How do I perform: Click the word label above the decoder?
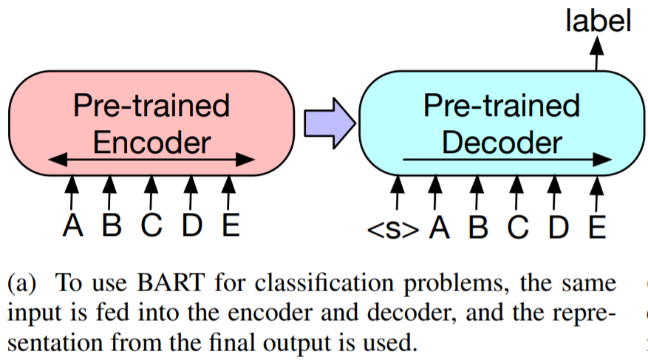(x=598, y=21)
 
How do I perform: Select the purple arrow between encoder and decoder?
(x=330, y=123)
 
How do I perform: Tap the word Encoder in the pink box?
(x=151, y=143)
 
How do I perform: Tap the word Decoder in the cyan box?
(x=502, y=143)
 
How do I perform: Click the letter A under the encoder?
(x=72, y=225)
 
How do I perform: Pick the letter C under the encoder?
(x=151, y=225)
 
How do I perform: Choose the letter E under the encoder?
(x=231, y=225)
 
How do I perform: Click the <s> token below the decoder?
(x=392, y=229)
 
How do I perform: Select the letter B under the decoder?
(x=478, y=228)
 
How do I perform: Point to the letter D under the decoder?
(x=559, y=228)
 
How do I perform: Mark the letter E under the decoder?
(x=597, y=228)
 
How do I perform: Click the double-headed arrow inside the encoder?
(x=151, y=159)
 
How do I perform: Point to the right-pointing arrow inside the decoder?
(x=507, y=159)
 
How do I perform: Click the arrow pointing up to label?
(x=596, y=54)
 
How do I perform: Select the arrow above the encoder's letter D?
(x=191, y=192)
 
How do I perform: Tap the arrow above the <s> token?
(x=397, y=192)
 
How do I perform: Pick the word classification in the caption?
(x=324, y=284)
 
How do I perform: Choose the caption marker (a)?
(x=22, y=283)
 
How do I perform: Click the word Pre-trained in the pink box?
(x=151, y=106)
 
